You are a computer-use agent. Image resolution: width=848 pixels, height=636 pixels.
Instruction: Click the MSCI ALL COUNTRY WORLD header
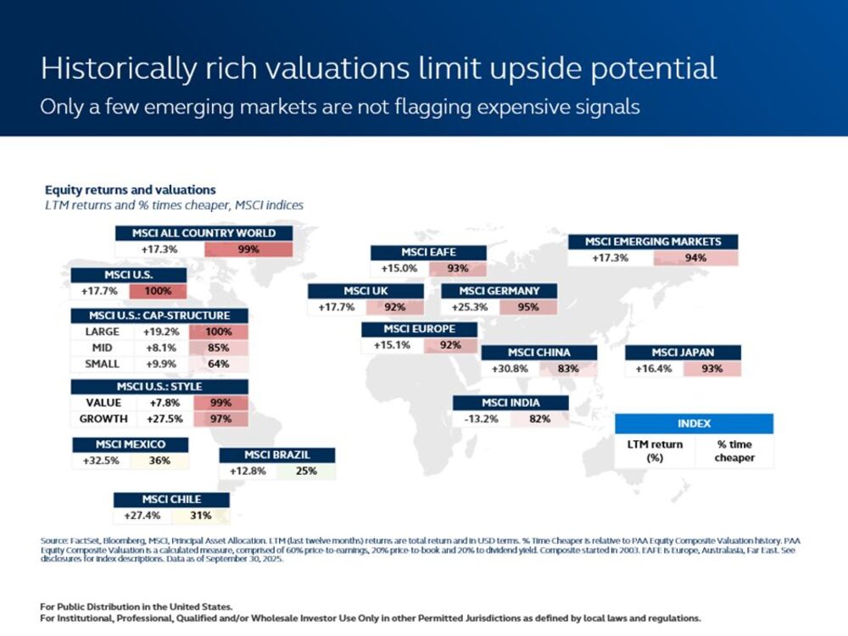tap(204, 233)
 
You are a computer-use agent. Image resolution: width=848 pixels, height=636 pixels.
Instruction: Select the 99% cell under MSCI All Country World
tap(248, 249)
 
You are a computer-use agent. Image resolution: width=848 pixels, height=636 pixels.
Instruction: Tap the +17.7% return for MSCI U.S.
tap(99, 291)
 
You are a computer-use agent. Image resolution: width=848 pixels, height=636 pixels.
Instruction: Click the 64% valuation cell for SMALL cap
tap(219, 364)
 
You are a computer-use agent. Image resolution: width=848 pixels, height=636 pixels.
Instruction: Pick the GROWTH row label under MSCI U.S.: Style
tap(103, 419)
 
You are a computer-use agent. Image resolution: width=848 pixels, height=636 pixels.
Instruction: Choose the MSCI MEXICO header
tap(130, 445)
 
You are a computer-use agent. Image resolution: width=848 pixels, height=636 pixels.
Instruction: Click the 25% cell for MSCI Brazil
tap(306, 471)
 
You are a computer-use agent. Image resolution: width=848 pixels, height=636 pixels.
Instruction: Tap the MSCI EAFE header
tap(428, 253)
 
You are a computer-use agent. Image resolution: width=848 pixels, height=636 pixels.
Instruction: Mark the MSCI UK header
tap(365, 291)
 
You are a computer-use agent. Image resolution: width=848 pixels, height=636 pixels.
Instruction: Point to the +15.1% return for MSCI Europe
tap(391, 345)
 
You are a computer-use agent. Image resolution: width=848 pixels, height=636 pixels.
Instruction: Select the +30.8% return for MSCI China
tap(510, 369)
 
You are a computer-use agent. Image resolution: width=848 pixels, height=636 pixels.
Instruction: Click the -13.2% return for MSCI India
tap(481, 419)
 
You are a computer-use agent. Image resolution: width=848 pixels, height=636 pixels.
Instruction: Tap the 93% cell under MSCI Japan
tap(711, 369)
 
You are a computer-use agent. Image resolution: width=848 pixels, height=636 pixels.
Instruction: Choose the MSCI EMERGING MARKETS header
tap(653, 242)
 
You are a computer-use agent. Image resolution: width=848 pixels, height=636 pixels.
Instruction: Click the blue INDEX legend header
tap(694, 423)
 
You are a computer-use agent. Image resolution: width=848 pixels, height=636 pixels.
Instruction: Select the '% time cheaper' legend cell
tap(734, 451)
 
